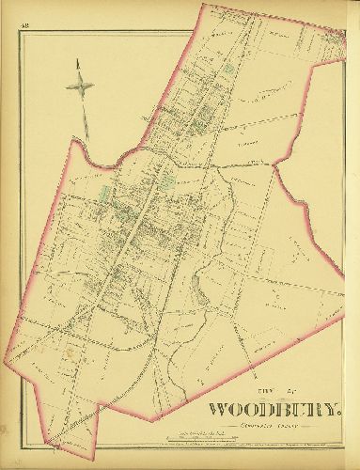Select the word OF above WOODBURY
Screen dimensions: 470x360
coord(282,392)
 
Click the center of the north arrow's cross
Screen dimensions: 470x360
coord(81,86)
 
